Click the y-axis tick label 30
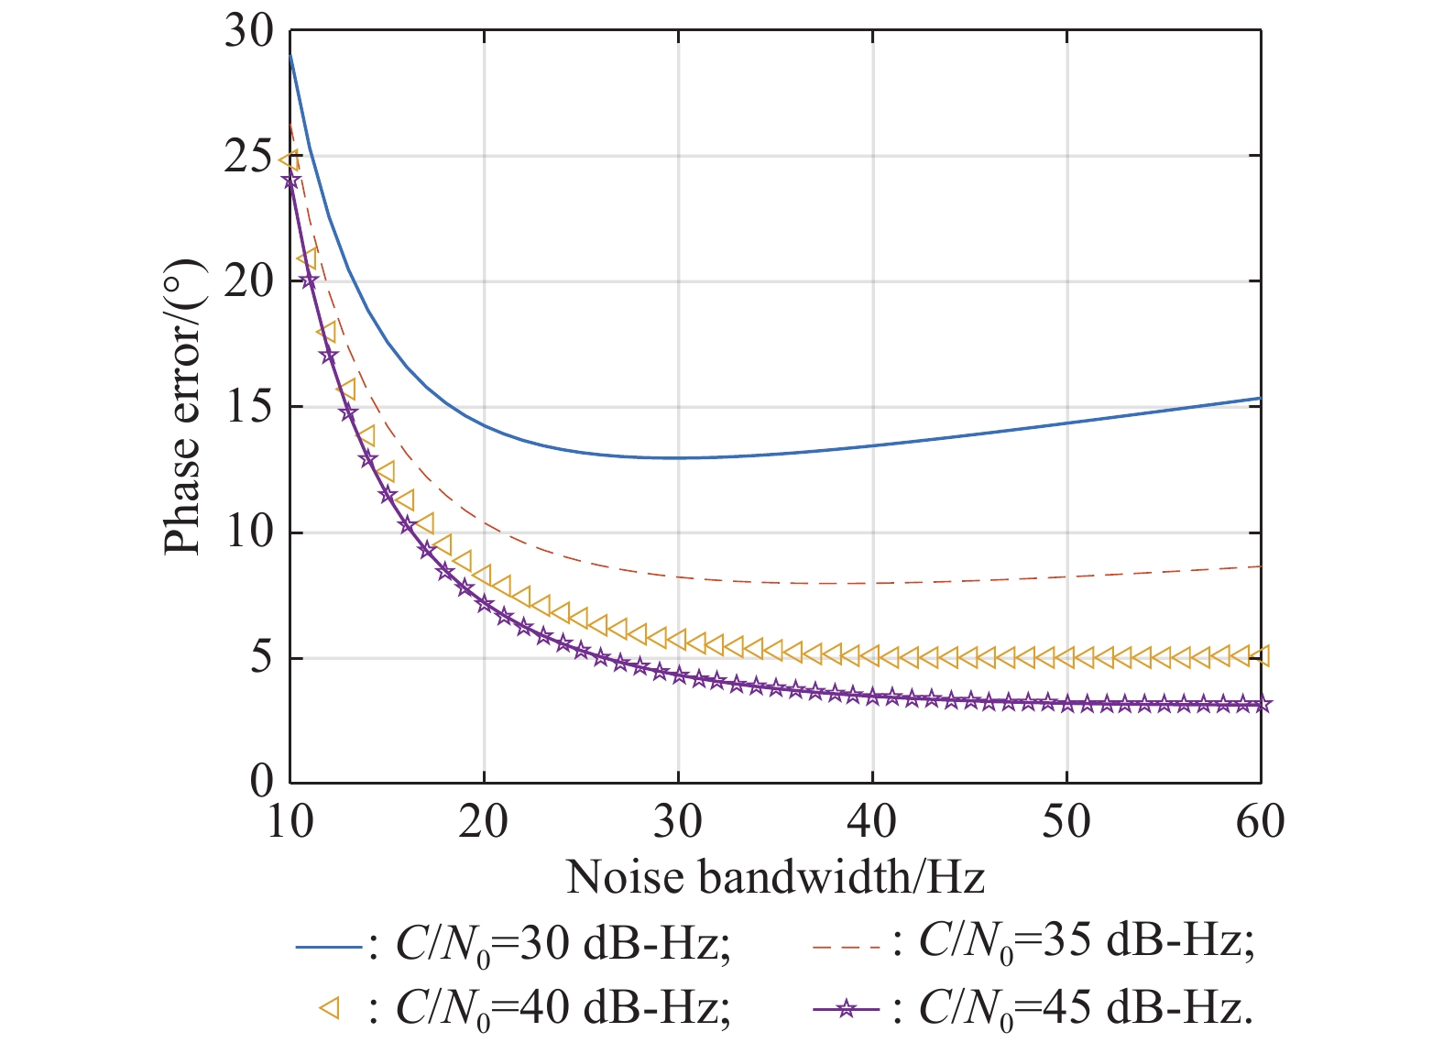[249, 33]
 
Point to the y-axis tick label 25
[249, 158]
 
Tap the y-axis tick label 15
[249, 407]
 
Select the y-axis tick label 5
[262, 658]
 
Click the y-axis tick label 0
[262, 782]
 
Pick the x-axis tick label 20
[483, 822]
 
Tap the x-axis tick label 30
[677, 822]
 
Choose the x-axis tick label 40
[871, 822]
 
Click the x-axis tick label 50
[1066, 822]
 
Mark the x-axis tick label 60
[1261, 822]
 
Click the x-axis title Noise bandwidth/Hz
[775, 877]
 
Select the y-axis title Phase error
[182, 407]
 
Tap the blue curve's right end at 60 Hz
[1260, 399]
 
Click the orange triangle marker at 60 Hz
[1261, 656]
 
